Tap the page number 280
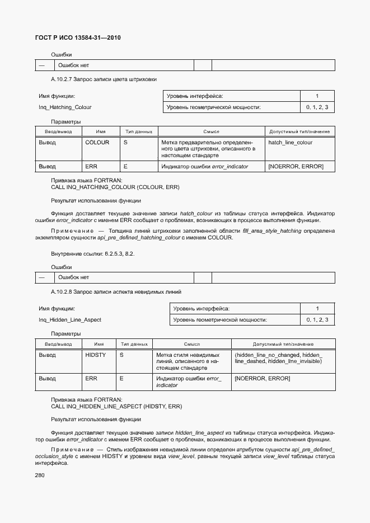[x=40, y=475]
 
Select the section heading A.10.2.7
[x=104, y=79]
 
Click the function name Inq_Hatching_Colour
[x=65, y=107]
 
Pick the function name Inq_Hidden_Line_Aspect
[x=70, y=320]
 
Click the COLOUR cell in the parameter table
[x=97, y=143]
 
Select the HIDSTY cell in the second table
[x=95, y=355]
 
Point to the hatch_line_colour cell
[x=291, y=143]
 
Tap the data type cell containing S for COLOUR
[x=126, y=143]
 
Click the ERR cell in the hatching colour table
[x=91, y=166]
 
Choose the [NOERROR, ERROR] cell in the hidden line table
[x=263, y=379]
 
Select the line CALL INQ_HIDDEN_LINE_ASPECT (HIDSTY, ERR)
[x=116, y=406]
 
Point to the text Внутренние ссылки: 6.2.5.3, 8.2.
[x=92, y=254]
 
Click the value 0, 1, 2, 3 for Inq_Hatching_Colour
[x=317, y=107]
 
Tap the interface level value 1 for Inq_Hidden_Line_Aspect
[x=317, y=309]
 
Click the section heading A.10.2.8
[x=116, y=291]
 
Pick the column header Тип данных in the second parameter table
[x=133, y=344]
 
